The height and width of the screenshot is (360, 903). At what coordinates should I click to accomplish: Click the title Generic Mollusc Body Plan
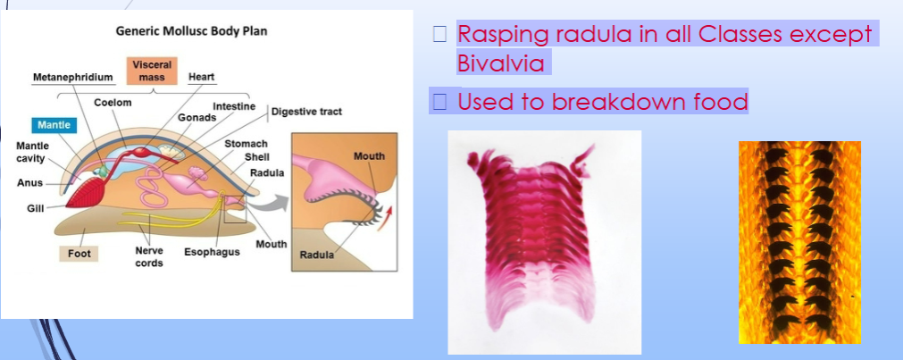[191, 31]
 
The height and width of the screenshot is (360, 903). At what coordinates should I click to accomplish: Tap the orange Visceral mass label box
[151, 71]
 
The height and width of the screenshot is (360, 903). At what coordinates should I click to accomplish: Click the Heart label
[201, 78]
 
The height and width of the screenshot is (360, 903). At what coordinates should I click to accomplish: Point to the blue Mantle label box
[54, 125]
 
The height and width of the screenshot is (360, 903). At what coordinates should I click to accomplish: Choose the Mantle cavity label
[33, 152]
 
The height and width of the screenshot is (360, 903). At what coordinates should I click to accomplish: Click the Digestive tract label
[306, 112]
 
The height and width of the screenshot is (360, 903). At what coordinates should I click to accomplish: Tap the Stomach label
[246, 143]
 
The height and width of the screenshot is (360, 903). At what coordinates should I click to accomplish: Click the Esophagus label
[212, 253]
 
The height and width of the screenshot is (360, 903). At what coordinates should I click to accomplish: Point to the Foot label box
[79, 253]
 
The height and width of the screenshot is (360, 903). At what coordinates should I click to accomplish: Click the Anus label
[29, 183]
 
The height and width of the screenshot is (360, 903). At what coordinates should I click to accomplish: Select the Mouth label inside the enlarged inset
[369, 156]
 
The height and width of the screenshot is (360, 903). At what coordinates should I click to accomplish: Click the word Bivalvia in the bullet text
[500, 65]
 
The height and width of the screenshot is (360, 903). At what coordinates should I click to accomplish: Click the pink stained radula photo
[544, 241]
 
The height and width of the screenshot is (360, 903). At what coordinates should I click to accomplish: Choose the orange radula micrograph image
[799, 241]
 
